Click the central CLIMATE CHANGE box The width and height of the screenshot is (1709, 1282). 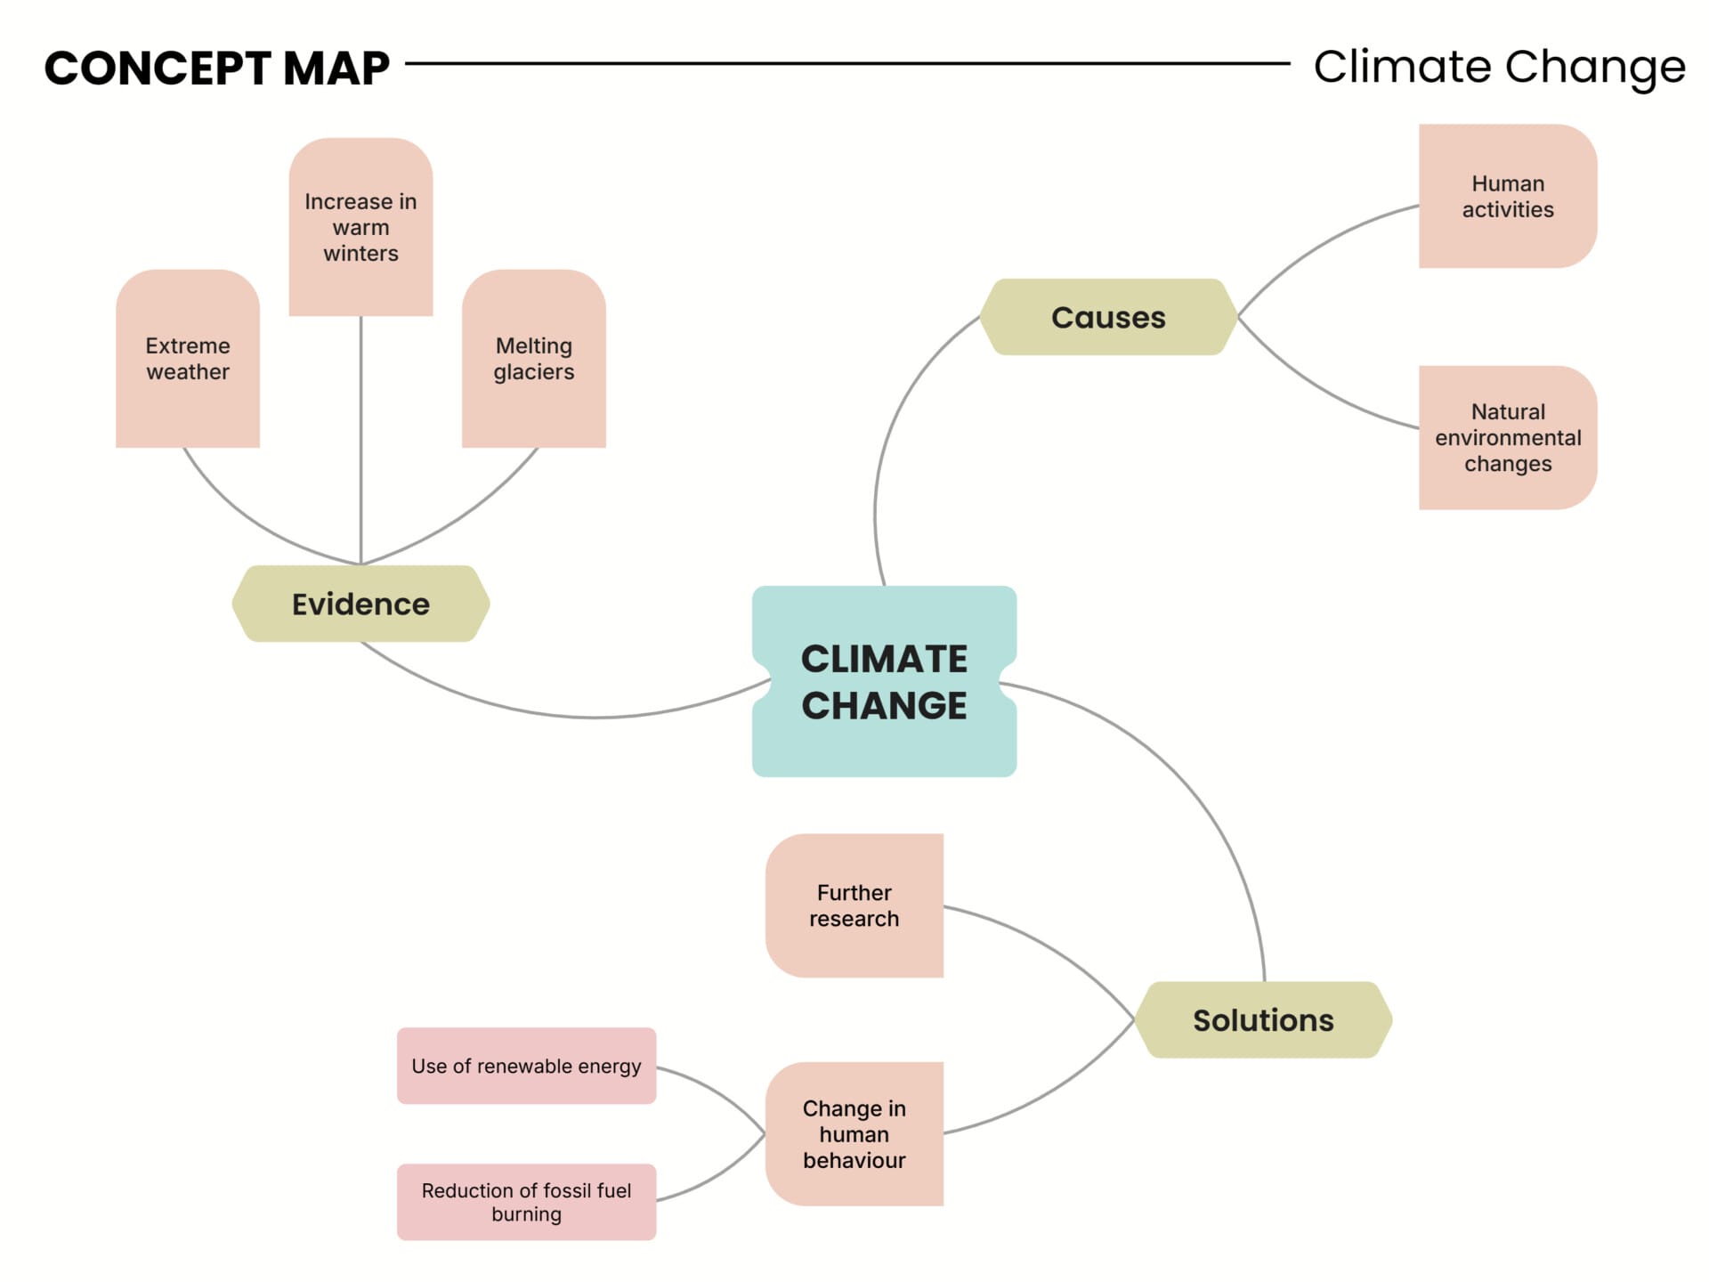click(x=883, y=681)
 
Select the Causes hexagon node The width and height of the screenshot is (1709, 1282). click(x=1107, y=317)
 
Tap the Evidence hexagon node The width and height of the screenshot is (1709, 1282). click(x=360, y=604)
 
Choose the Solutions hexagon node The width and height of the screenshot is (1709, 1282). click(x=1262, y=1019)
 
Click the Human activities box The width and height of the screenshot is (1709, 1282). click(x=1507, y=196)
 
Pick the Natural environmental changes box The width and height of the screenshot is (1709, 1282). click(x=1507, y=437)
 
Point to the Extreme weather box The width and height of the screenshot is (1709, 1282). click(x=187, y=358)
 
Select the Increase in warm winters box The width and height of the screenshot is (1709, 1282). click(x=360, y=227)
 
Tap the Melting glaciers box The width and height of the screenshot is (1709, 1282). click(x=533, y=358)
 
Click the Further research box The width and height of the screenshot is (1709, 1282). click(x=854, y=905)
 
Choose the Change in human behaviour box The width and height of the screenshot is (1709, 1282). click(x=854, y=1133)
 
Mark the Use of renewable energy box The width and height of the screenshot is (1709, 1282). click(x=526, y=1066)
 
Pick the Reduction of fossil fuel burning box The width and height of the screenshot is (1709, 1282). click(x=526, y=1202)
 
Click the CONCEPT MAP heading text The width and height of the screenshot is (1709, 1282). click(x=216, y=68)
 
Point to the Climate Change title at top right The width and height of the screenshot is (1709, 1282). click(x=1499, y=67)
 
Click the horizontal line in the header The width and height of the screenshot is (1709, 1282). click(x=846, y=63)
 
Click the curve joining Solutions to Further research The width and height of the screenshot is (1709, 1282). click(x=1050, y=945)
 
